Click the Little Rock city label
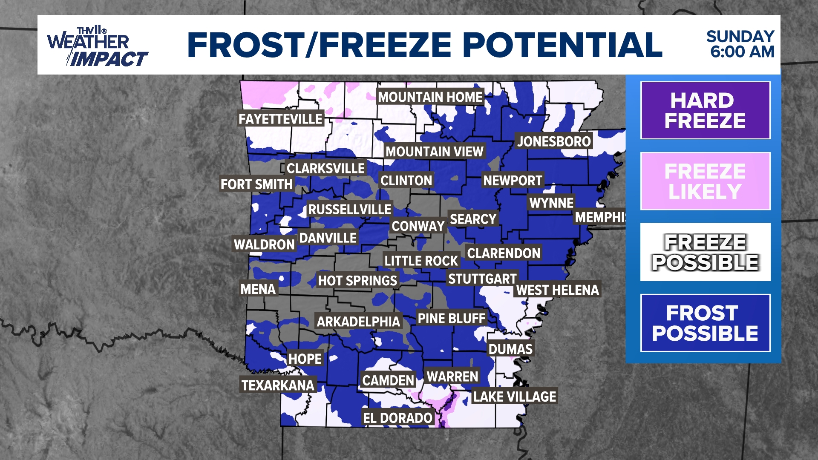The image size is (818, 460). click(x=421, y=261)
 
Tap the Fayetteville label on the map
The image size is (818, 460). click(x=280, y=119)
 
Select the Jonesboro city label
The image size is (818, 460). click(x=554, y=141)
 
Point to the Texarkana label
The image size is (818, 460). click(x=278, y=385)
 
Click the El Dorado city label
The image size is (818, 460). click(x=397, y=418)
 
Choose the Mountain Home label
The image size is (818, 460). click(x=430, y=97)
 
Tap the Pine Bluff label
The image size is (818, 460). click(x=452, y=318)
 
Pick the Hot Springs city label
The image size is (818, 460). click(x=357, y=281)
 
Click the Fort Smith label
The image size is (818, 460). click(x=256, y=184)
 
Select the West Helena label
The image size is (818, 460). click(x=557, y=290)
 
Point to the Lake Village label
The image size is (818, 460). click(x=515, y=397)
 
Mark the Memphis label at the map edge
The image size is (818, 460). click(x=600, y=217)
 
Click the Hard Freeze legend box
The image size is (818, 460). click(x=705, y=110)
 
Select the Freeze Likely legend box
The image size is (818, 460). click(x=705, y=181)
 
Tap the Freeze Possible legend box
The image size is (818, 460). click(x=705, y=252)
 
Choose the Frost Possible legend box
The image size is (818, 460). click(x=705, y=323)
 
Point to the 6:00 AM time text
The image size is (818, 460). click(x=742, y=52)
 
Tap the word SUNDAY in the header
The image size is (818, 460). click(x=740, y=37)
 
